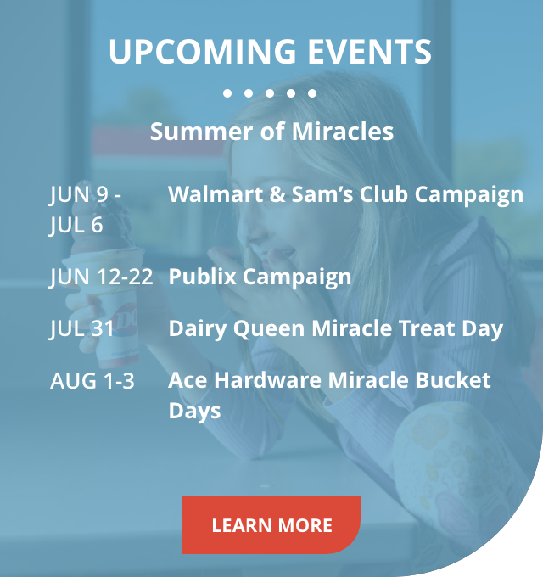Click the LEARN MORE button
point(271,524)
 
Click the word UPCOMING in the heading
point(202,52)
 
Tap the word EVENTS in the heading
point(369,52)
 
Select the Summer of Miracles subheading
point(271,132)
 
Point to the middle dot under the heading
point(270,93)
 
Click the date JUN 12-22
point(101,277)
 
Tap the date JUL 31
point(81,328)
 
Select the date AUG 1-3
point(92,380)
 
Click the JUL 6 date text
point(76,225)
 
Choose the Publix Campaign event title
point(260,277)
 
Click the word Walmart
point(216,194)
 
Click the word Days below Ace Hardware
point(194,412)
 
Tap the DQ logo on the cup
point(124,322)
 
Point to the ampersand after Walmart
point(277,194)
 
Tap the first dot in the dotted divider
point(227,93)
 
